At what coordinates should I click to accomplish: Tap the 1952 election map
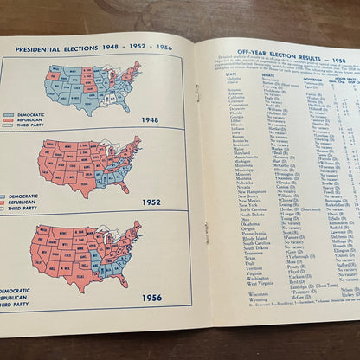click(87, 166)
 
